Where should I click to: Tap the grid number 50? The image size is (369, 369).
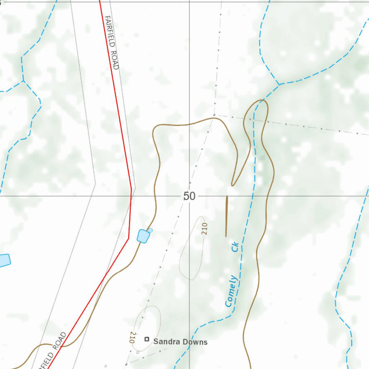pos(189,196)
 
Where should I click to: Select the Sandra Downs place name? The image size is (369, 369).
pos(180,342)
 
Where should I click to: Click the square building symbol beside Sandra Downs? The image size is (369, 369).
pos(147,339)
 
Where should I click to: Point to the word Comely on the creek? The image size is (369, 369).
pos(231,291)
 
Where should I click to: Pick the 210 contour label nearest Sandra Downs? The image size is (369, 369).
pos(132,337)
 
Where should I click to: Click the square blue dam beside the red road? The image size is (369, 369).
pos(143,236)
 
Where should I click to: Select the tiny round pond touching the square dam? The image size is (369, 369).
pos(150,230)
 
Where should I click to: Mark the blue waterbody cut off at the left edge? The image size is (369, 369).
pos(4,260)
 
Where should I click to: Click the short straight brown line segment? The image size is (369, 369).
pos(226,216)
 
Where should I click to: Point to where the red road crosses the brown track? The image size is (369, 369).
pos(104,280)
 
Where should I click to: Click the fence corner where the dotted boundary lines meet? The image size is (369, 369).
pos(214,115)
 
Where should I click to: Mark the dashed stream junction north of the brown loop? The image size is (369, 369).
pos(279,85)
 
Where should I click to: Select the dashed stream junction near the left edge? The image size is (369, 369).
pos(24,81)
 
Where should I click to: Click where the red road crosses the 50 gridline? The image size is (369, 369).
pos(130,196)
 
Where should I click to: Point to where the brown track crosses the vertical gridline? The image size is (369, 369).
pos(190,125)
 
